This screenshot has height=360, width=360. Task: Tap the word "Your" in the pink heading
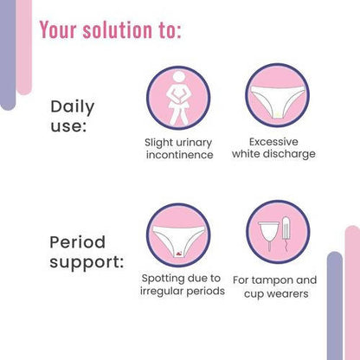click(60, 30)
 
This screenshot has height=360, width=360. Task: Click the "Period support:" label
click(85, 250)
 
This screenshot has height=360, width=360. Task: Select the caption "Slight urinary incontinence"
click(178, 148)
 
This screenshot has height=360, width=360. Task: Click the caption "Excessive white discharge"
click(273, 148)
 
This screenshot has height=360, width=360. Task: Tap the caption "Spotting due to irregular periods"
click(182, 286)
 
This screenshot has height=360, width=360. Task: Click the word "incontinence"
click(178, 155)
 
